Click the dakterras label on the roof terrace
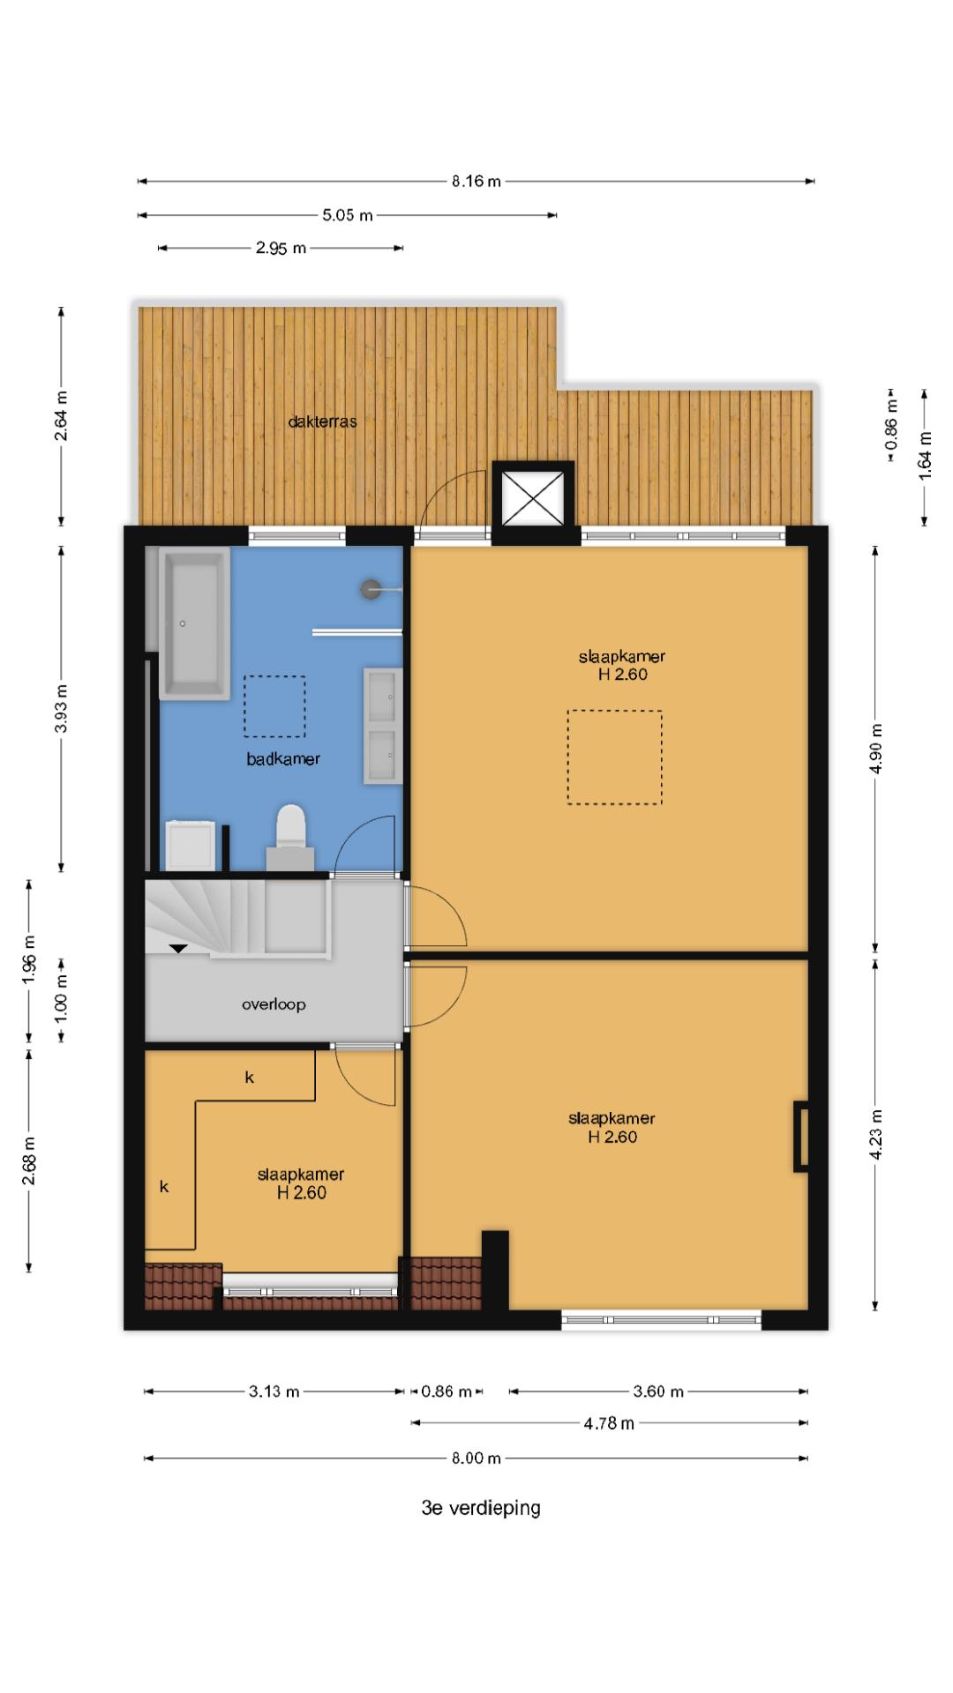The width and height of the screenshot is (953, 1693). point(322,421)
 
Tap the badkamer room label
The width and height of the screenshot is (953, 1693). point(283,758)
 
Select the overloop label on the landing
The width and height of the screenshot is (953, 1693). point(274,1004)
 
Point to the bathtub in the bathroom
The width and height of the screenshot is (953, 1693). point(194,623)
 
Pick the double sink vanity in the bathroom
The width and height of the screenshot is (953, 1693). point(383,726)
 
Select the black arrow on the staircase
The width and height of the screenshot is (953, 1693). point(178,949)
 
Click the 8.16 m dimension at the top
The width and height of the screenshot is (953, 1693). point(476,182)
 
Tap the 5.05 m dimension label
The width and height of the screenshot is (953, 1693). point(348,214)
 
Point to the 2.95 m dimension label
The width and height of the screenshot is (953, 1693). point(281,248)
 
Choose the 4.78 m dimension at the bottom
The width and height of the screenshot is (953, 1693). point(609,1423)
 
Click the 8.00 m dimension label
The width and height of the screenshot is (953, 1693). point(476,1458)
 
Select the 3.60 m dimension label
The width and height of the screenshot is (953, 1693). point(658,1391)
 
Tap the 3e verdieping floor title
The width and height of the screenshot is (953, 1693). point(481,1508)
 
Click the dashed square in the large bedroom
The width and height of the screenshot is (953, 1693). point(614,757)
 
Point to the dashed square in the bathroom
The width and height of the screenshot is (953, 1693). point(274,706)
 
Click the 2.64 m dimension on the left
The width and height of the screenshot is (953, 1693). point(61,414)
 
